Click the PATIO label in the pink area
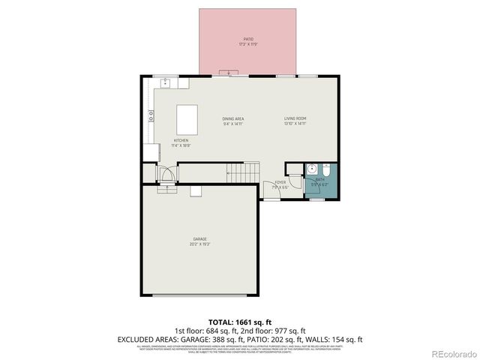(x=248, y=39)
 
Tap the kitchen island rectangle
(x=187, y=119)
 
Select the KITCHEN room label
(x=181, y=140)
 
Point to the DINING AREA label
(x=233, y=118)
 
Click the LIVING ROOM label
(x=295, y=118)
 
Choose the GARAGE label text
(x=199, y=239)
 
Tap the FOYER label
(x=280, y=182)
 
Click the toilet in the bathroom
(x=325, y=168)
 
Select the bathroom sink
(x=310, y=169)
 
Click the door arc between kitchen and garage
(x=169, y=175)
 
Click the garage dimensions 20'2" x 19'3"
(x=199, y=244)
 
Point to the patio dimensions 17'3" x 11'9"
(x=248, y=43)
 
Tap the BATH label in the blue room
(x=320, y=179)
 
